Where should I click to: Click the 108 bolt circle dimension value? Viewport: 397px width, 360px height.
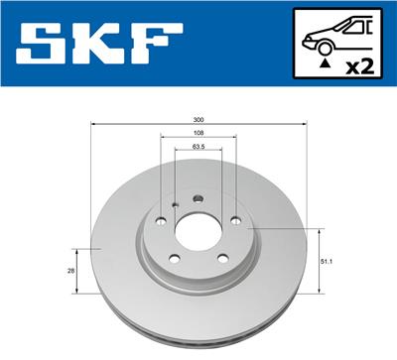tap(198, 132)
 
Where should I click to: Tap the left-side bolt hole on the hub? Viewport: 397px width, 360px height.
tap(160, 220)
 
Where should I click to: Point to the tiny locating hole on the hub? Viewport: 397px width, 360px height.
tap(175, 206)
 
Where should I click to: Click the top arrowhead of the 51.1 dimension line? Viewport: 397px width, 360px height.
tap(318, 231)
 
